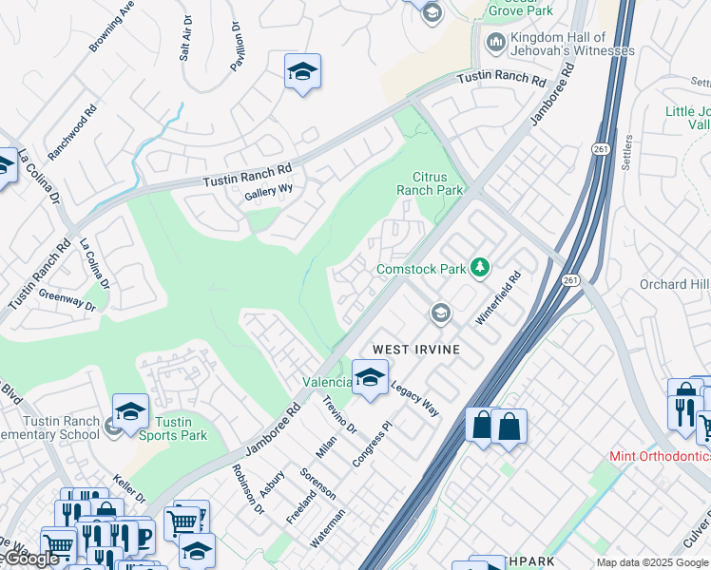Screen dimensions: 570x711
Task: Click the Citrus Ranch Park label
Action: [437, 183]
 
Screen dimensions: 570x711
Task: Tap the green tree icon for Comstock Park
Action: [481, 269]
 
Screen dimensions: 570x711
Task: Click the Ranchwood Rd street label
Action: [73, 131]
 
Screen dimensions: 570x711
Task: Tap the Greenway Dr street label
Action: [67, 301]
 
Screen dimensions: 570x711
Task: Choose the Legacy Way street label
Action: [414, 399]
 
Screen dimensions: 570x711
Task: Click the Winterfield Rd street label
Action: [499, 299]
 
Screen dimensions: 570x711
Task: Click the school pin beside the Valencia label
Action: [370, 376]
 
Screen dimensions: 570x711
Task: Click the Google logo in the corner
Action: [30, 559]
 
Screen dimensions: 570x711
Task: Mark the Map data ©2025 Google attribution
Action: [651, 562]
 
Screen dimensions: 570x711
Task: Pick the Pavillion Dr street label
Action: [237, 47]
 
